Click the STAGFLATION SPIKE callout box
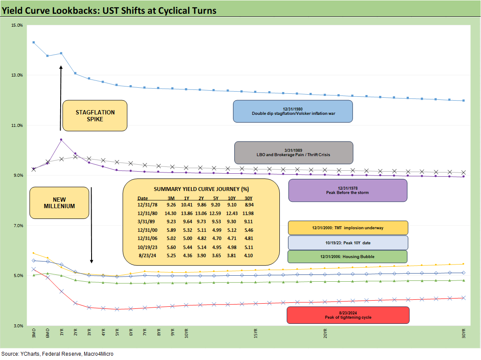tap(95, 115)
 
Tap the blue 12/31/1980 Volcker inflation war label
tap(292, 111)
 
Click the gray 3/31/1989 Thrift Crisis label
tap(294, 152)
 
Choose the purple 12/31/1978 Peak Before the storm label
tap(347, 190)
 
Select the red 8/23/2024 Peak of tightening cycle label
tap(348, 315)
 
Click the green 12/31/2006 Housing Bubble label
tap(347, 256)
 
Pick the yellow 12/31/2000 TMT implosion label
tap(347, 228)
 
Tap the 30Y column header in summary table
tap(248, 198)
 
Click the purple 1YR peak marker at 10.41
tap(61, 140)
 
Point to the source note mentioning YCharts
tap(58, 354)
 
